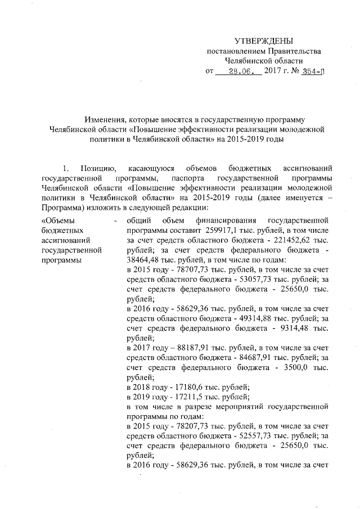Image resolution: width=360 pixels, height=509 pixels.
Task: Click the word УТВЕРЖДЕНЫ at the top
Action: coord(264,41)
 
